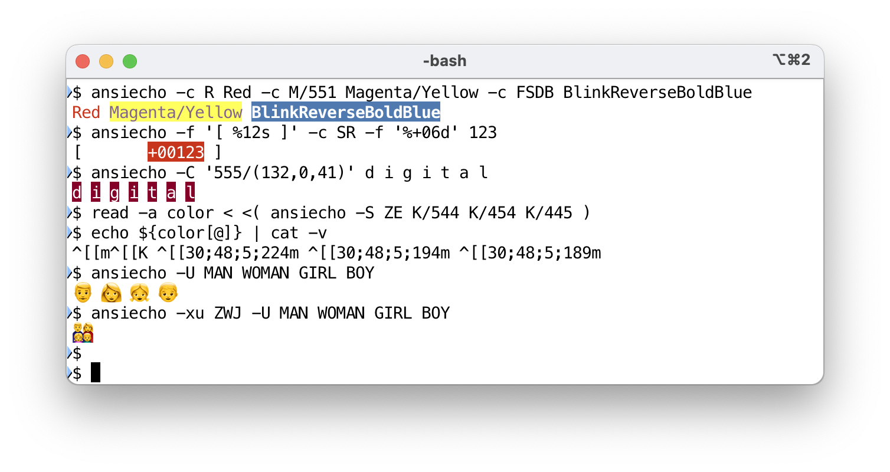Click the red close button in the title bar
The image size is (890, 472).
pos(83,61)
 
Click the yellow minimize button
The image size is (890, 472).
pos(106,61)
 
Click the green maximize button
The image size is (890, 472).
pos(130,61)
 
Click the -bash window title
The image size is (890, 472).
pos(444,61)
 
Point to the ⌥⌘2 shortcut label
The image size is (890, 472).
pos(791,60)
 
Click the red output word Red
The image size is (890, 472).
pos(86,112)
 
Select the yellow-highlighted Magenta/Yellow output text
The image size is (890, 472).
pos(176,112)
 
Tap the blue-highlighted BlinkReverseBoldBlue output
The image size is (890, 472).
pos(346,112)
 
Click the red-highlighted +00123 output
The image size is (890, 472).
pos(176,152)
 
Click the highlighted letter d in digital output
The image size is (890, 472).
pos(77,192)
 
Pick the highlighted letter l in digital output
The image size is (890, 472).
pos(190,192)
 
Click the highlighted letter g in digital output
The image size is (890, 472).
pos(114,192)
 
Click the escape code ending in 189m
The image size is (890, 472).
pos(530,254)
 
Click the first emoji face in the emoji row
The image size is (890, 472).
pos(83,293)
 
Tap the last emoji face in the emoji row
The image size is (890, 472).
pos(168,293)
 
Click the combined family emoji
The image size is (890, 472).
pos(83,333)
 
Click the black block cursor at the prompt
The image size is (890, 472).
pos(96,373)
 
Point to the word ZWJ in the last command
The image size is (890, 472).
pos(228,313)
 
